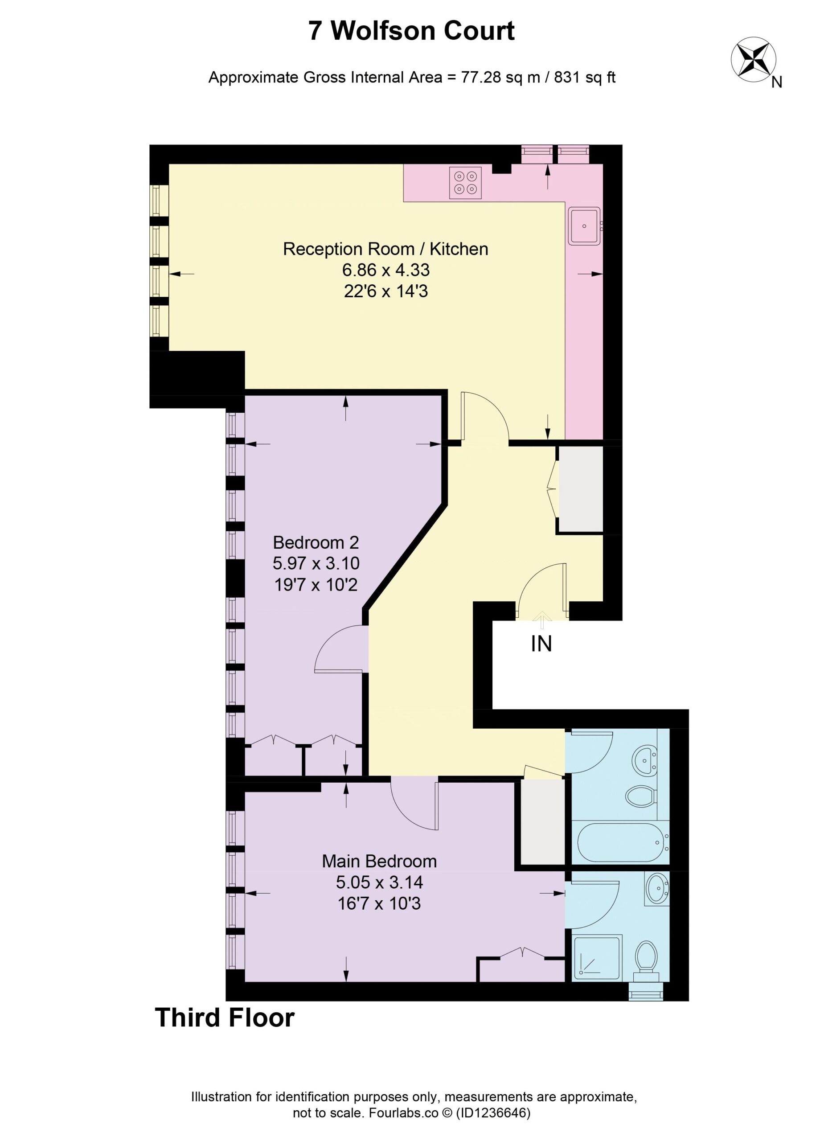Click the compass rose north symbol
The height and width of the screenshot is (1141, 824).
(753, 60)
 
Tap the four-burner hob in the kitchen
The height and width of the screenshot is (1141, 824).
(465, 183)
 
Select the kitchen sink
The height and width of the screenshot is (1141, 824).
(585, 226)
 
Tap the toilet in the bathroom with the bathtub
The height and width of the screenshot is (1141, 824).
(641, 796)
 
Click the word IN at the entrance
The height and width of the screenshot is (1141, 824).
(541, 644)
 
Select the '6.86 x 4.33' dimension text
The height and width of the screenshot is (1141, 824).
(386, 270)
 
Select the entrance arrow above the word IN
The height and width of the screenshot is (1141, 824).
(542, 620)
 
